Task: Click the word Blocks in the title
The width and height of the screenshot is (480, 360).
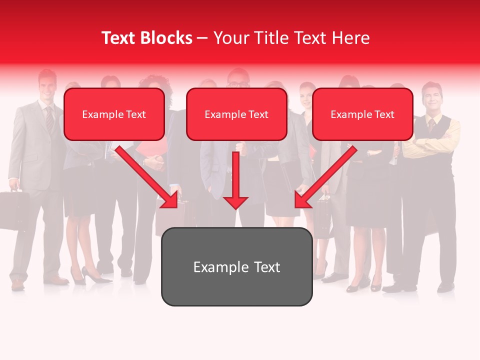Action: pos(167,38)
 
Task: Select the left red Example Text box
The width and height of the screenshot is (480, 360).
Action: pos(114,114)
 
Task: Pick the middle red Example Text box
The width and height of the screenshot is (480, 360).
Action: pos(236,114)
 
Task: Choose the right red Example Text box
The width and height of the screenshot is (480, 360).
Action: pos(362,114)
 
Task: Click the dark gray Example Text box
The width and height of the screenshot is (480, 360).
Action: pos(236,266)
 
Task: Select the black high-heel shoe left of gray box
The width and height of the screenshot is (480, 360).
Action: pos(92,275)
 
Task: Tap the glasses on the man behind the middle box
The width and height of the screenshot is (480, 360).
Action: pos(238,84)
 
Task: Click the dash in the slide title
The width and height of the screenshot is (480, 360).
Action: pos(202,38)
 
